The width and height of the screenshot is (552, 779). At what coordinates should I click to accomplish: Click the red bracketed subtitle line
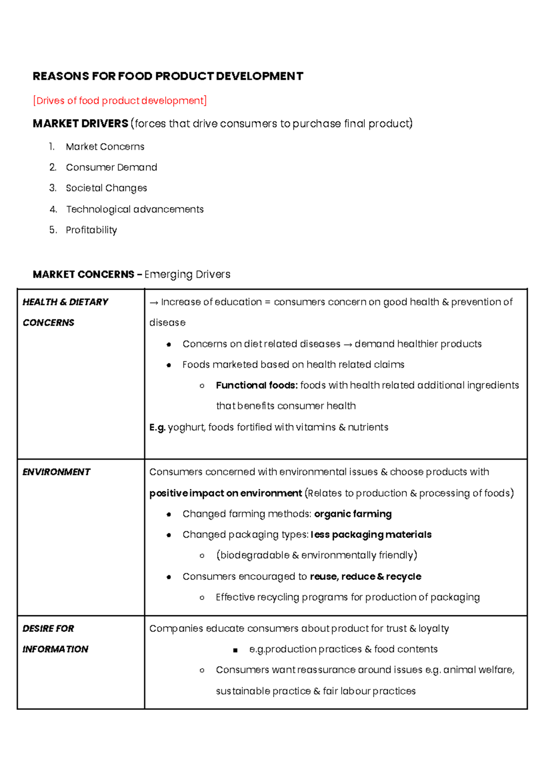(x=120, y=101)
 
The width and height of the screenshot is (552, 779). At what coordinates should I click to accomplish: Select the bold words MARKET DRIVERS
(x=80, y=124)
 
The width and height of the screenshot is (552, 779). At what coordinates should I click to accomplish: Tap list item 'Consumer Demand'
(x=111, y=167)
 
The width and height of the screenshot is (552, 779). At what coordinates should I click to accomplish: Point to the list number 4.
(x=53, y=209)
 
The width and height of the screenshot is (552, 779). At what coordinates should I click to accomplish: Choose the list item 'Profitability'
(x=91, y=230)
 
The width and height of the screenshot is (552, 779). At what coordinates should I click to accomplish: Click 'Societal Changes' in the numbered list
(x=106, y=188)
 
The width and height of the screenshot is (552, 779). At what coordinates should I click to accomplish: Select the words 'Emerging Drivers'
(x=187, y=275)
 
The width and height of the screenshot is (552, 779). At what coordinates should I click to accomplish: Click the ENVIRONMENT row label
(x=56, y=472)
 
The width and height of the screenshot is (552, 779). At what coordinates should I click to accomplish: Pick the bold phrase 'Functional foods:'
(x=257, y=385)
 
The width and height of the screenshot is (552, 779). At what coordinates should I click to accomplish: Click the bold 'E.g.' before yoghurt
(x=157, y=428)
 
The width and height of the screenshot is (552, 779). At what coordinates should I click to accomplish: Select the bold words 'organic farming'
(x=353, y=514)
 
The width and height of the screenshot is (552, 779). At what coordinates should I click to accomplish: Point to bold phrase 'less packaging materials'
(x=371, y=535)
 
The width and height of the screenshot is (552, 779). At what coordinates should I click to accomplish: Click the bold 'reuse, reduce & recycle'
(x=365, y=577)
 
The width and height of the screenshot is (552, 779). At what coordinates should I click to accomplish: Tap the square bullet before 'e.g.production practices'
(x=236, y=650)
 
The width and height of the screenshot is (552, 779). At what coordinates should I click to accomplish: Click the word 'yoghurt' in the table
(x=186, y=428)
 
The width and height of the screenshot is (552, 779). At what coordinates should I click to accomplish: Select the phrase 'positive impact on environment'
(x=225, y=493)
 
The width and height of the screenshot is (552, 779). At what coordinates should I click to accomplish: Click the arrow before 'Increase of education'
(x=154, y=303)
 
